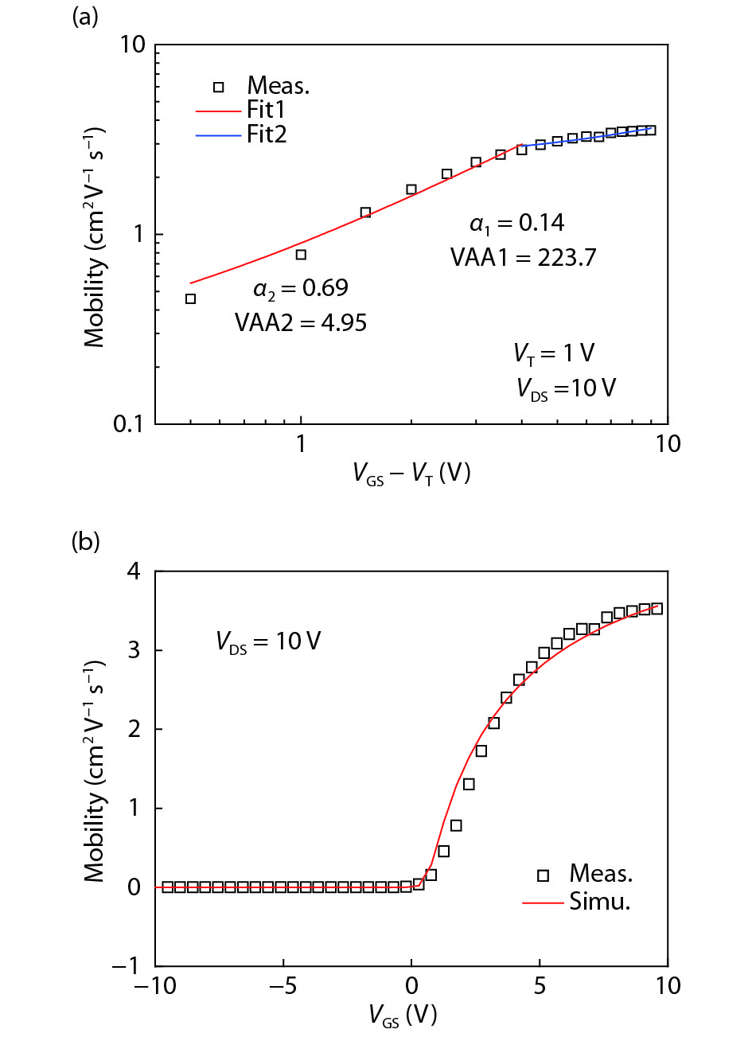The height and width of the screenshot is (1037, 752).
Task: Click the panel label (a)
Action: pos(85,17)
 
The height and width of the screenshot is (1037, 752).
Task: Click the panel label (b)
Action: pos(85,542)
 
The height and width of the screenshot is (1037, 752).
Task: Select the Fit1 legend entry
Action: pos(266,110)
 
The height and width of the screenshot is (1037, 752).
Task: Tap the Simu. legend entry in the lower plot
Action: pos(600,902)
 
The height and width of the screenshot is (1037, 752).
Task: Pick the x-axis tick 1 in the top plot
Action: pos(301,444)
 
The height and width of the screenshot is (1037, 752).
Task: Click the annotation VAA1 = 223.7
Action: pos(523,257)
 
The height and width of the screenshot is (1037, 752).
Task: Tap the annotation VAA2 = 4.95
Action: pos(301,322)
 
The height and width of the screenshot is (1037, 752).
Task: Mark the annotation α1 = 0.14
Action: pos(517,224)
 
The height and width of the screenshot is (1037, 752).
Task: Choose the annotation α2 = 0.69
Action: pos(301,288)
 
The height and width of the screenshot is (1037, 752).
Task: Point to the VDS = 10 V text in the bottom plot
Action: pos(268,641)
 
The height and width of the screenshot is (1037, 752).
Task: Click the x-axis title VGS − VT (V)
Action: pos(411,474)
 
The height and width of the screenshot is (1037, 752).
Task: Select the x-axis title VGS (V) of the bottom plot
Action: pos(403,1016)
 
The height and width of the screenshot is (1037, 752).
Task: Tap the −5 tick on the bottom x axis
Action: pos(282,986)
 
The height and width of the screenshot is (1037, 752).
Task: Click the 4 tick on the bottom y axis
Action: pos(134,571)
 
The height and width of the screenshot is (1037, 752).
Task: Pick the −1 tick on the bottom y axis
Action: pos(127,966)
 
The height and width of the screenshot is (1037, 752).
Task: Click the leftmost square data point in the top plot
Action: pos(190,299)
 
